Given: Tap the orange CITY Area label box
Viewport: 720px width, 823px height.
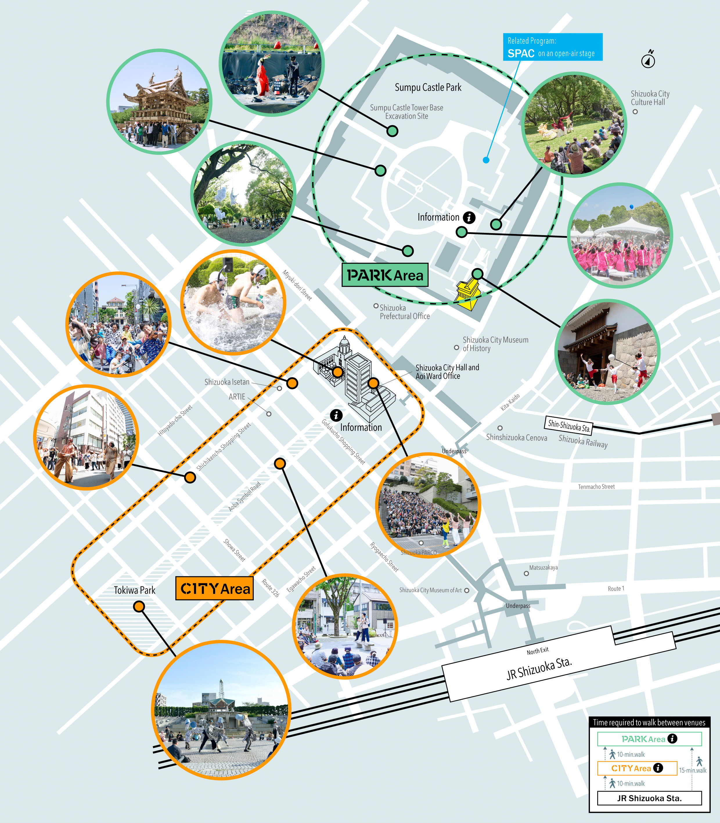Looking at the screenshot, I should point(215,588).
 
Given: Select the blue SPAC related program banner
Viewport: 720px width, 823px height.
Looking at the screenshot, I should point(552,47).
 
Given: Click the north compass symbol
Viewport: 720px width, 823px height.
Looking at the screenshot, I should point(648,60).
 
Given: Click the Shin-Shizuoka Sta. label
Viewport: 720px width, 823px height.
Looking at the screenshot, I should point(568,425).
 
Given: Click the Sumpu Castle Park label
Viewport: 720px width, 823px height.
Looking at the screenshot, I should point(428,87).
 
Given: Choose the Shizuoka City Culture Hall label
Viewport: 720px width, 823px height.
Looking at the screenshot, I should point(650,98).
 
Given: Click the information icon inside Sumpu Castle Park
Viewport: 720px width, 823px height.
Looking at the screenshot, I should point(469,217).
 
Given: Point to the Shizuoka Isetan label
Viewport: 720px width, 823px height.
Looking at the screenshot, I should point(227,382).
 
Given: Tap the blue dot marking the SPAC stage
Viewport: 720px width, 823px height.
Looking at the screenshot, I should point(486,160).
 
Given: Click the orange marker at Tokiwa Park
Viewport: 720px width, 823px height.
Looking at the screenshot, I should point(139,606).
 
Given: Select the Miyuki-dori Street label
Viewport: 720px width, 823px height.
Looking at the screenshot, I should point(297,285).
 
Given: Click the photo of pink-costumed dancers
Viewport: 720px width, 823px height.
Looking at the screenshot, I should point(620,235).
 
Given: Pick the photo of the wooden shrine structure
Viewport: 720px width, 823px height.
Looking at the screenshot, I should point(159,102).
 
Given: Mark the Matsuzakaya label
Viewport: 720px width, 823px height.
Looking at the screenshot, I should point(543,568).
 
